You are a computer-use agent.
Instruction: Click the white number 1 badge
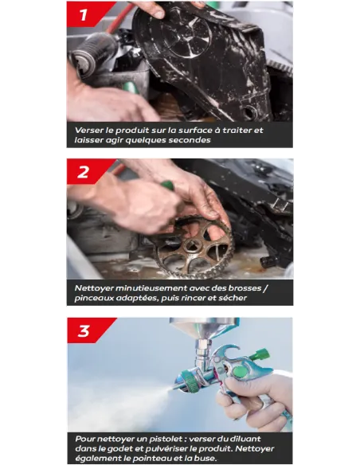[83, 14]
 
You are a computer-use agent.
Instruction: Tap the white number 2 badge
[83, 172]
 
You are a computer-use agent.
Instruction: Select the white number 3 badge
[84, 330]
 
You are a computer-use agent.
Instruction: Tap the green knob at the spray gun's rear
[261, 355]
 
